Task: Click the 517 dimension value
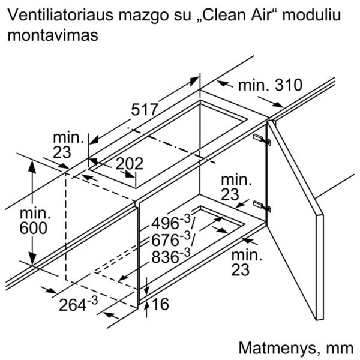145,110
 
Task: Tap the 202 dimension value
130,164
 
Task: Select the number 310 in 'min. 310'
289,85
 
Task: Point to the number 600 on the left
34,228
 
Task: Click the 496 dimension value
165,223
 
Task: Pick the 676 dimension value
165,241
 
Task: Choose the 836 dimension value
165,257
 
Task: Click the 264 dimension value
73,305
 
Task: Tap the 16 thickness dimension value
160,304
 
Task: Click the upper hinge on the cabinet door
262,139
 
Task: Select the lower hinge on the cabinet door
262,205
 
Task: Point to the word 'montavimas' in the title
53,35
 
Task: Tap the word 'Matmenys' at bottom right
277,348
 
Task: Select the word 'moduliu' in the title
311,15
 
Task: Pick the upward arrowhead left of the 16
147,306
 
